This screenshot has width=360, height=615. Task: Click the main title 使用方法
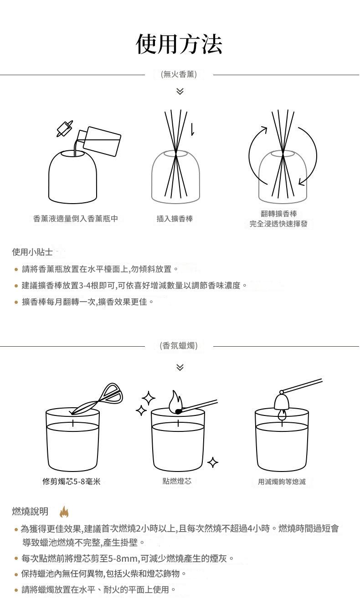[x=179, y=44]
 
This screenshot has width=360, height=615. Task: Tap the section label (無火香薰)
[x=179, y=74]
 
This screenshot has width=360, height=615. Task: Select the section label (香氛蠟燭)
[x=179, y=345]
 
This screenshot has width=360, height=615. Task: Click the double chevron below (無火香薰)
[x=180, y=91]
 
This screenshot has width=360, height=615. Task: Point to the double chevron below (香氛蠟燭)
[x=180, y=367]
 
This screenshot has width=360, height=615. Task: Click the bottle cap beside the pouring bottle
[x=65, y=128]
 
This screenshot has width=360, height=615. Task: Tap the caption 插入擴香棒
[x=175, y=219]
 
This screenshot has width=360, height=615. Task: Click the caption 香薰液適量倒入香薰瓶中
[x=76, y=219]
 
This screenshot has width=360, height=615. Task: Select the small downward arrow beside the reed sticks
[x=192, y=129]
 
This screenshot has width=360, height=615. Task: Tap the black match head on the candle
[x=179, y=411]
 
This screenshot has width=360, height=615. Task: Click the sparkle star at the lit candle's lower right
[x=213, y=462]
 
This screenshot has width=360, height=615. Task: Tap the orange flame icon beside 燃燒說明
[x=64, y=512]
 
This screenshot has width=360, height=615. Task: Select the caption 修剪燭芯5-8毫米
[x=72, y=481]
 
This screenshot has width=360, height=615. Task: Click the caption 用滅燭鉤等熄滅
[x=282, y=482]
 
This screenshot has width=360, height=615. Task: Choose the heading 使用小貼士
[x=32, y=252]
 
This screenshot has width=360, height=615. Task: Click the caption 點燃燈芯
[x=177, y=481]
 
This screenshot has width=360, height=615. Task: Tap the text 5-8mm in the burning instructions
[x=124, y=558]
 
